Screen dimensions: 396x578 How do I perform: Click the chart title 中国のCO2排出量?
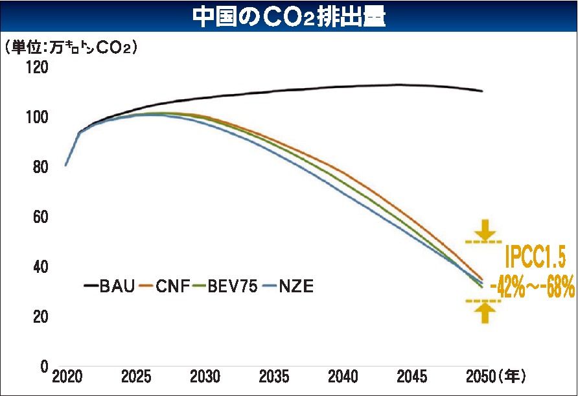pyautogui.click(x=289, y=17)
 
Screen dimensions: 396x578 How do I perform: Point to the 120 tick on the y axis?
pyautogui.click(x=37, y=67)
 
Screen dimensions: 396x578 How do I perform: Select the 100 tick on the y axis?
pyautogui.click(x=37, y=117)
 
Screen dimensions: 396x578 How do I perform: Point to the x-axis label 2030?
pyautogui.click(x=205, y=377)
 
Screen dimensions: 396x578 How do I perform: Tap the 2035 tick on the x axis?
pyautogui.click(x=274, y=377)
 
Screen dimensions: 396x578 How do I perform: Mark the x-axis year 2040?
pyautogui.click(x=343, y=377)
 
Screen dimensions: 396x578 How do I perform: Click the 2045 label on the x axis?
pyautogui.click(x=412, y=377)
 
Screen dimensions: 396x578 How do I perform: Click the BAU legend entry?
pyautogui.click(x=110, y=286)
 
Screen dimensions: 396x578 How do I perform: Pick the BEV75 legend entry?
pyautogui.click(x=229, y=286)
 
